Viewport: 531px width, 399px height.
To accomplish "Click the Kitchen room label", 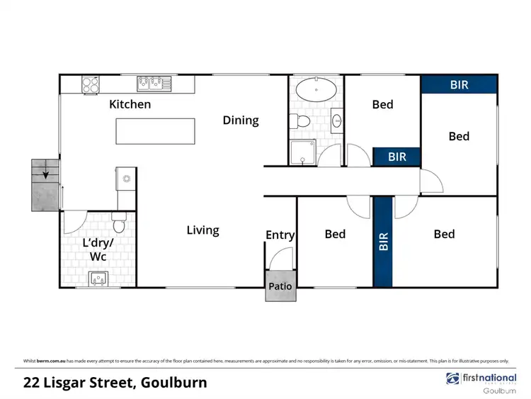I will tap(130, 104).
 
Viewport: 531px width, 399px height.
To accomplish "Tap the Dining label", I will tap(241, 120).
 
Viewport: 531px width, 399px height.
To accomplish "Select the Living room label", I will tap(202, 230).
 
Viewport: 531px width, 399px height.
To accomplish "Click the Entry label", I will tap(280, 235).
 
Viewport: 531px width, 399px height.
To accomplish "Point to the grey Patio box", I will tap(280, 286).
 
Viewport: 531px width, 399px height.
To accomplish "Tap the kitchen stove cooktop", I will tap(91, 84).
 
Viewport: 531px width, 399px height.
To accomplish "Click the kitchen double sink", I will tap(155, 84).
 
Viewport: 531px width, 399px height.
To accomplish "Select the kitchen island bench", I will tap(155, 131).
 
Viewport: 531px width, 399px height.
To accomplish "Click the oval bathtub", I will tap(316, 90).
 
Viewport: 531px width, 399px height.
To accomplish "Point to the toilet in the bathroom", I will tap(302, 121).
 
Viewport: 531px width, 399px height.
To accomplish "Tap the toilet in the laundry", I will tap(119, 225).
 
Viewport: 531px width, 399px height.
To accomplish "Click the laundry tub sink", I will tap(99, 279).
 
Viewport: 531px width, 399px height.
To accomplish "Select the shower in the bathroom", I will tap(302, 152).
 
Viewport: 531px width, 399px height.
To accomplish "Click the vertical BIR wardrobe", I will tap(383, 242).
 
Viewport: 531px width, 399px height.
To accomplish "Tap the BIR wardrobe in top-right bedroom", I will tap(459, 84).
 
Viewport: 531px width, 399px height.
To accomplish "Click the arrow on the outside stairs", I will tap(46, 171).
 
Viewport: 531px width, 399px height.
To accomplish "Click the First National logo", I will tap(481, 379).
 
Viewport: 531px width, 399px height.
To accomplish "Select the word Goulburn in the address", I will tap(175, 383).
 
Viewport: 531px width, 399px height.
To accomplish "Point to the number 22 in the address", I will tap(31, 383).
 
